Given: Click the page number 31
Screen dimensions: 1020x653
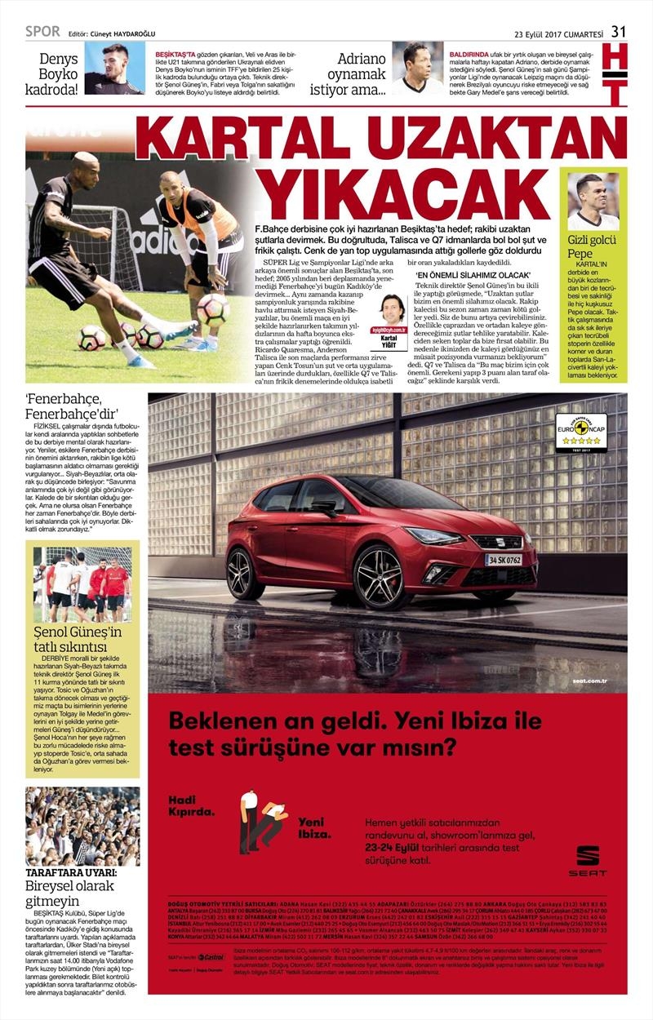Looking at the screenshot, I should pyautogui.click(x=619, y=32).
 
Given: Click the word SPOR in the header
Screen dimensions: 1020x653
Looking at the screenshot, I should pyautogui.click(x=43, y=32).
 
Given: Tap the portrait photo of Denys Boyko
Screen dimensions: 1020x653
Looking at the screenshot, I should pyautogui.click(x=113, y=69).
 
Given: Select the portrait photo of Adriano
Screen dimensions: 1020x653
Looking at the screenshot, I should pyautogui.click(x=417, y=69).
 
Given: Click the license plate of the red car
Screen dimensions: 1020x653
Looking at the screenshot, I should pyautogui.click(x=503, y=561).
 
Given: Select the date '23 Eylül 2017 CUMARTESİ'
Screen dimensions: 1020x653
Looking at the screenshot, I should pyautogui.click(x=558, y=33).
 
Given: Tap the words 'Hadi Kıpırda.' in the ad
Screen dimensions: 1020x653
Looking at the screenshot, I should pyautogui.click(x=192, y=805).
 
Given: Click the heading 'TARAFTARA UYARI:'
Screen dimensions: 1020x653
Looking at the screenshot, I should pyautogui.click(x=71, y=872).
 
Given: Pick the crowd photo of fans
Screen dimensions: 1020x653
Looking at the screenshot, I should pyautogui.click(x=82, y=826).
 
